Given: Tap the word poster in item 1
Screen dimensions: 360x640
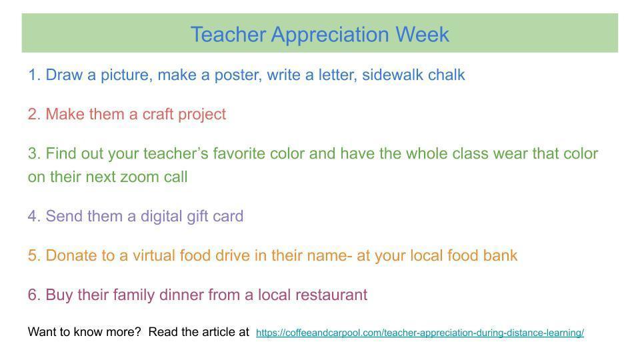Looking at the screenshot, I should [237, 75].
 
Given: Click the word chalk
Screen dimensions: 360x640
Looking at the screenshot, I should [446, 75].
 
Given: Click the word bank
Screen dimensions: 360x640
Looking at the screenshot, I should [499, 255].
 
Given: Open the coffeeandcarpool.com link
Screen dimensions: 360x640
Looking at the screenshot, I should [419, 333].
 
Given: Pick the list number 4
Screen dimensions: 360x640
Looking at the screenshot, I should [34, 217].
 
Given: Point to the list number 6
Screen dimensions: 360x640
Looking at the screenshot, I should [34, 295].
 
